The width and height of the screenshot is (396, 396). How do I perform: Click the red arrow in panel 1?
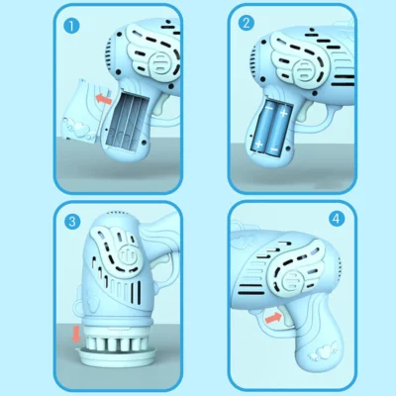pyautogui.click(x=102, y=99)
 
